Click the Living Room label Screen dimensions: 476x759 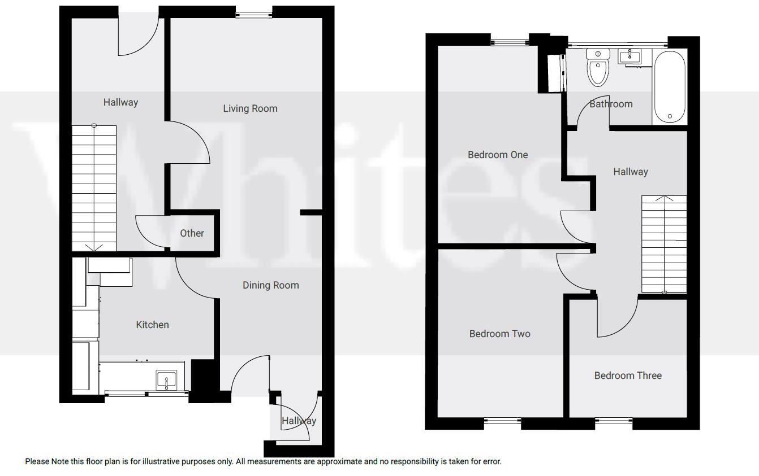pyautogui.click(x=250, y=108)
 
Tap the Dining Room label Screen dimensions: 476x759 pyautogui.click(x=270, y=285)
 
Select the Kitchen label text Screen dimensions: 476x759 pyautogui.click(x=152, y=325)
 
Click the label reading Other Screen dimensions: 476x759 pyautogui.click(x=192, y=233)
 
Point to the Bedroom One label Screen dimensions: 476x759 pyautogui.click(x=498, y=155)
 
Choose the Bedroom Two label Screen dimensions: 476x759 pyautogui.click(x=499, y=334)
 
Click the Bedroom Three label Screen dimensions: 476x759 pyautogui.click(x=628, y=375)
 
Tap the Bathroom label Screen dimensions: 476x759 pyautogui.click(x=611, y=104)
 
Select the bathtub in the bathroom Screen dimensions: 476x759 pyautogui.click(x=670, y=86)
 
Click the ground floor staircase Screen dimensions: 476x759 pyautogui.click(x=94, y=188)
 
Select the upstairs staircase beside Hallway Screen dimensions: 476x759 pyautogui.click(x=664, y=244)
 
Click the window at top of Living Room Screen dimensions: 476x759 pyautogui.click(x=254, y=14)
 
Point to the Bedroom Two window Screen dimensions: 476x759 pyautogui.click(x=503, y=420)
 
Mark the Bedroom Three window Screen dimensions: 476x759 pyautogui.click(x=614, y=420)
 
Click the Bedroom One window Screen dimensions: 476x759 pyautogui.click(x=510, y=41)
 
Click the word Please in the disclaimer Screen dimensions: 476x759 pyautogui.click(x=37, y=461)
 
